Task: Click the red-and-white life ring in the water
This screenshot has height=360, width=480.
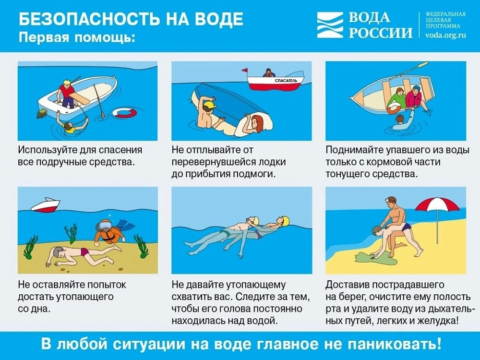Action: (124, 112)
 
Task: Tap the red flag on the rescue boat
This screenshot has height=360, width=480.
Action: (245, 71)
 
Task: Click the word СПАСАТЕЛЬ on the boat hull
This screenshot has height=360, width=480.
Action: (285, 81)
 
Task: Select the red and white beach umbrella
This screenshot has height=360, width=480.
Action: (437, 205)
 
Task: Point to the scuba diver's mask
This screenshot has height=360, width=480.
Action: (104, 226)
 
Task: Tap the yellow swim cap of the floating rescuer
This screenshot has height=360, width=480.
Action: (285, 221)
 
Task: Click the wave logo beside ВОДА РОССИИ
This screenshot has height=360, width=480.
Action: (330, 25)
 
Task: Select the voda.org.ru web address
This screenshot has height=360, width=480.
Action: (446, 35)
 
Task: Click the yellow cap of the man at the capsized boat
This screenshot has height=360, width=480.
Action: (209, 105)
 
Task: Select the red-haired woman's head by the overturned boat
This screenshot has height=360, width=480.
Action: (256, 122)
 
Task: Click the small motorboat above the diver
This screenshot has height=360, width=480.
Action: (46, 205)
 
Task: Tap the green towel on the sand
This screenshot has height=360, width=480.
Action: (376, 259)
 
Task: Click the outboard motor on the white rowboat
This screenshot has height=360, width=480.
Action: (42, 114)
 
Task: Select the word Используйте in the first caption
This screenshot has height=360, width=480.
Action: (48, 150)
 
